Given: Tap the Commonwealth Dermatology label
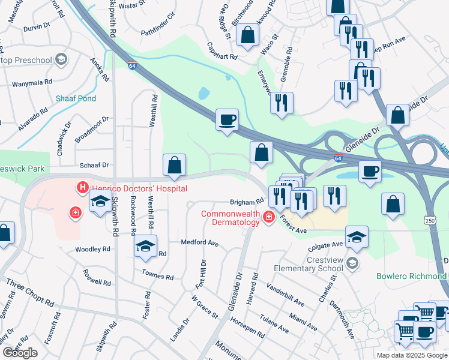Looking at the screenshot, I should [x=231, y=218].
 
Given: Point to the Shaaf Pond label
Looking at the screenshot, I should [x=76, y=98].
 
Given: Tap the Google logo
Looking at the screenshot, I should [x=20, y=353].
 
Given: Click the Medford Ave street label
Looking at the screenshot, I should [x=199, y=243].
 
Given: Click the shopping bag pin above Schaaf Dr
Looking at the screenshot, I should [x=174, y=165].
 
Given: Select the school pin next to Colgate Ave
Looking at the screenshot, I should [x=357, y=238].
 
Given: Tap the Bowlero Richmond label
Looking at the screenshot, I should [x=412, y=276].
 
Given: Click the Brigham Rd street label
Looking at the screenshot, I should [x=246, y=202].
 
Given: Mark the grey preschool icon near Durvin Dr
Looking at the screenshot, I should [x=61, y=59].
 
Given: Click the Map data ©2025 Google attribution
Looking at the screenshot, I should [x=412, y=355].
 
